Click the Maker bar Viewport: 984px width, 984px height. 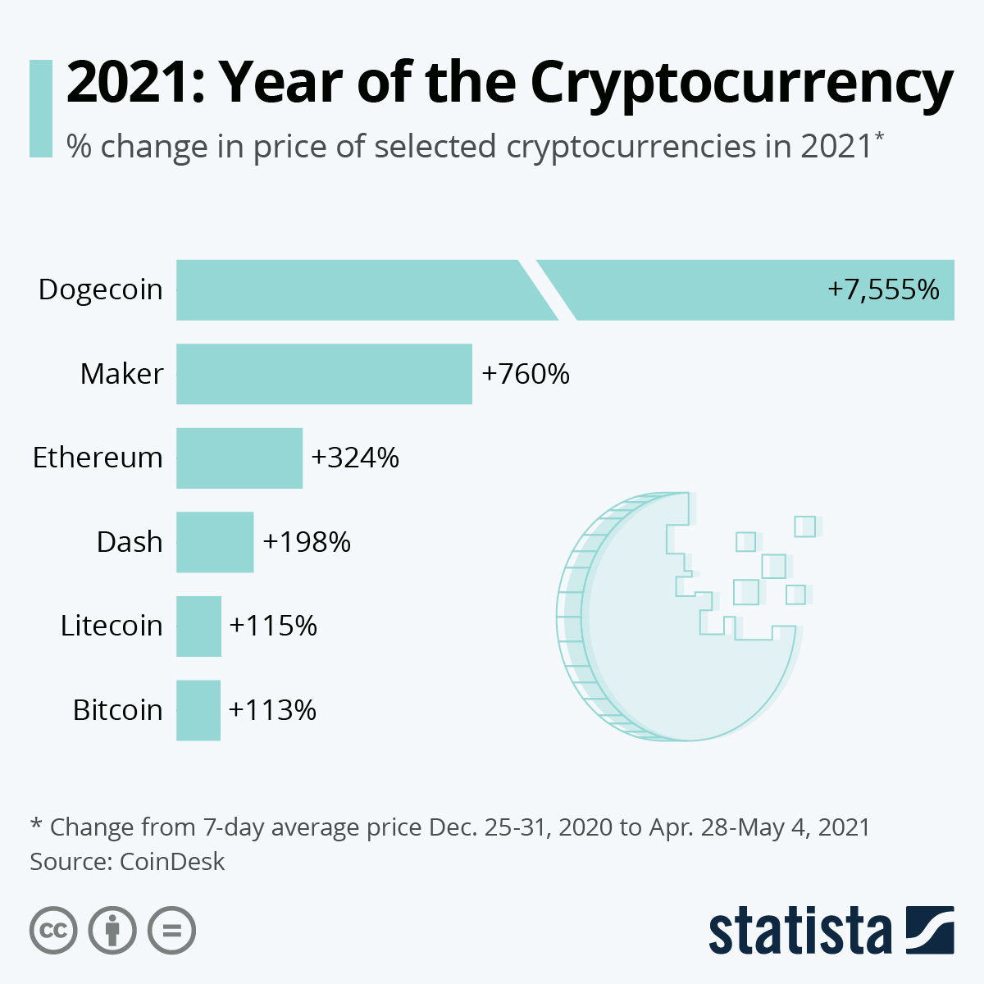tap(324, 374)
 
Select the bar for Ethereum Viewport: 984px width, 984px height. tap(239, 458)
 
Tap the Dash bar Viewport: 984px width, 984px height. tap(215, 542)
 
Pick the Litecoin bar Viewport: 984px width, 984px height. tap(198, 626)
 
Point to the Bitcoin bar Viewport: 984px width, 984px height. tap(198, 710)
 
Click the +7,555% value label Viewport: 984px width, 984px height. tap(883, 289)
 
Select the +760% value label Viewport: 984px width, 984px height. tap(526, 374)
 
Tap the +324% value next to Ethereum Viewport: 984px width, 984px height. tap(355, 458)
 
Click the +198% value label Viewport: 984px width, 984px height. tap(307, 542)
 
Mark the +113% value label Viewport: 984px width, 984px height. tap(272, 710)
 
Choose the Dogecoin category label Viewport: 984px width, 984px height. tap(101, 289)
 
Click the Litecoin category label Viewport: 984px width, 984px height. tap(112, 626)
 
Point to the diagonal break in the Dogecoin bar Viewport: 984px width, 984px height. tap(548, 289)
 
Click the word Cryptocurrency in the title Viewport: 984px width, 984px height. tap(741, 82)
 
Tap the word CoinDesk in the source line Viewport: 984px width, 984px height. tap(172, 862)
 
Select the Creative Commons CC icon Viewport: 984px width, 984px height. tap(53, 931)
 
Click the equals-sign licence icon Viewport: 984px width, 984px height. tap(171, 931)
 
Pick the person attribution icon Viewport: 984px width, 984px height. tap(112, 931)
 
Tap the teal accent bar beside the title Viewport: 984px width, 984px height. tap(40, 108)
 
